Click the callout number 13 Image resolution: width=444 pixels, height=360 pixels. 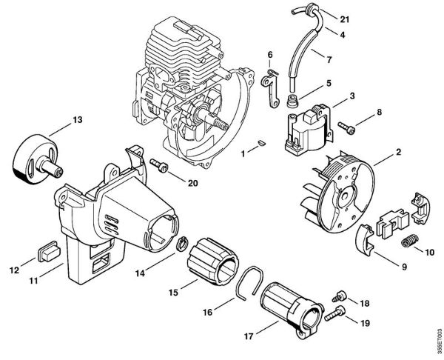76,119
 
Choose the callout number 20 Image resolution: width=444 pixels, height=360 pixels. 193,182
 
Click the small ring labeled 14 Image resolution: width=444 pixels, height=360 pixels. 179,244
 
